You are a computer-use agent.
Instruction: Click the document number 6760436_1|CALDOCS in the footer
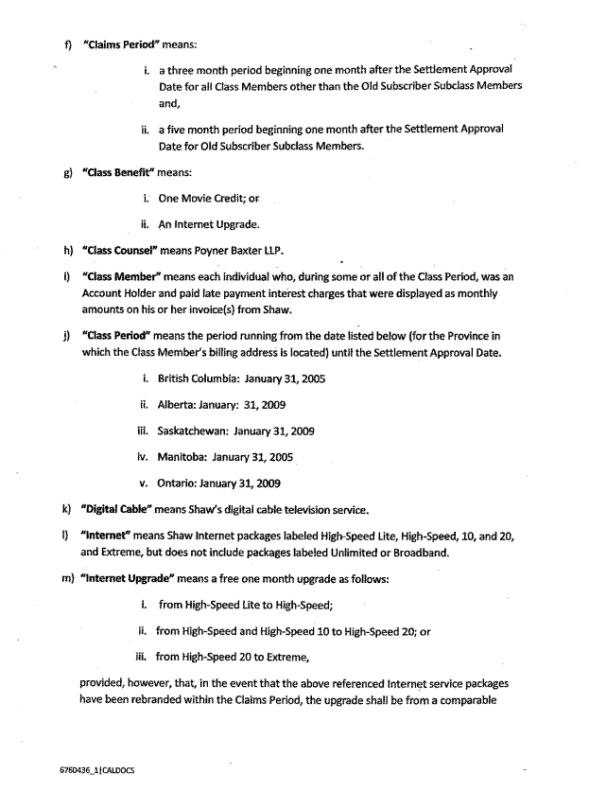coord(96,770)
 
